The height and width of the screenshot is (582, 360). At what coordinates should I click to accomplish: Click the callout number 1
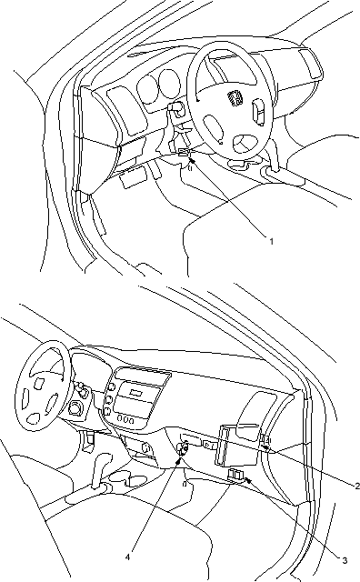coord(271,241)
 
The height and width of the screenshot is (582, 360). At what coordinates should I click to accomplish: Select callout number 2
coord(356,486)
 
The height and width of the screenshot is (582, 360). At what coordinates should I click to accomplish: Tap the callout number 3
coord(345,550)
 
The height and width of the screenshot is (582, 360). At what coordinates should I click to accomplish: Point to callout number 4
coord(127,547)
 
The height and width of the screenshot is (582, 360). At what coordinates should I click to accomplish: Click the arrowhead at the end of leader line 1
coord(192,160)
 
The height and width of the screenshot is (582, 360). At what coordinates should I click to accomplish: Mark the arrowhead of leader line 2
coord(265,448)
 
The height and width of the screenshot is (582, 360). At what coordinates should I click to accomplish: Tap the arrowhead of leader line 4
coord(180,461)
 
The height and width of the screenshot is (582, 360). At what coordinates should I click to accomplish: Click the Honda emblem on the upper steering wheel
coord(235,98)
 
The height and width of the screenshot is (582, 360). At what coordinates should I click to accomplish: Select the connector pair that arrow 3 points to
coord(235,475)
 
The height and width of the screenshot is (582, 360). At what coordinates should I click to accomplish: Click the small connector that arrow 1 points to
coord(184,152)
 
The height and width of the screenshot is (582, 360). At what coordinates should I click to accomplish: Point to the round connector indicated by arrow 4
coord(184,448)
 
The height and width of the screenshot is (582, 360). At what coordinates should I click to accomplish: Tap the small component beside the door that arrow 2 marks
coord(264,440)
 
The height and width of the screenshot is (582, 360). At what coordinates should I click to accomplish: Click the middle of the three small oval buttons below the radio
coord(126,420)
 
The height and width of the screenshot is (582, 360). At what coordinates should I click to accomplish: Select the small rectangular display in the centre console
coord(135,392)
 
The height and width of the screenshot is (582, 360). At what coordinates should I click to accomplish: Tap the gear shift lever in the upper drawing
coord(274,156)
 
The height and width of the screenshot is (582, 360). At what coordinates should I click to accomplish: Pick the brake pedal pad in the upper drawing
coord(132,176)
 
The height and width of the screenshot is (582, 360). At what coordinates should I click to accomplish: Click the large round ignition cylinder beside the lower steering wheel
coord(76,408)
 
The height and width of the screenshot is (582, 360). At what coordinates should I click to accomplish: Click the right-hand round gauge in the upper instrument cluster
coord(168,83)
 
